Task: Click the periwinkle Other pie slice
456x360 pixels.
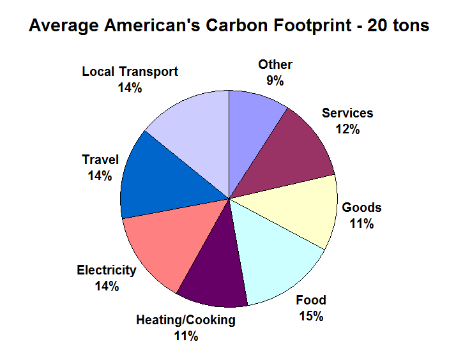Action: click(x=254, y=128)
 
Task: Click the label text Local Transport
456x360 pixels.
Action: click(x=130, y=71)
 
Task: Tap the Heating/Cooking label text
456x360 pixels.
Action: click(x=185, y=320)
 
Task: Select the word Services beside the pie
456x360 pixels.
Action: click(x=347, y=113)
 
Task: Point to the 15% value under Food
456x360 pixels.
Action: click(x=311, y=316)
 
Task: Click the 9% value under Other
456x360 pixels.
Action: click(x=275, y=80)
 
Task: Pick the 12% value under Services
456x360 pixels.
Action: click(x=347, y=129)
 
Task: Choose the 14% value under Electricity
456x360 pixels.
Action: click(x=107, y=286)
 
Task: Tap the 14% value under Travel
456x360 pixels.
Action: click(x=100, y=176)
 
